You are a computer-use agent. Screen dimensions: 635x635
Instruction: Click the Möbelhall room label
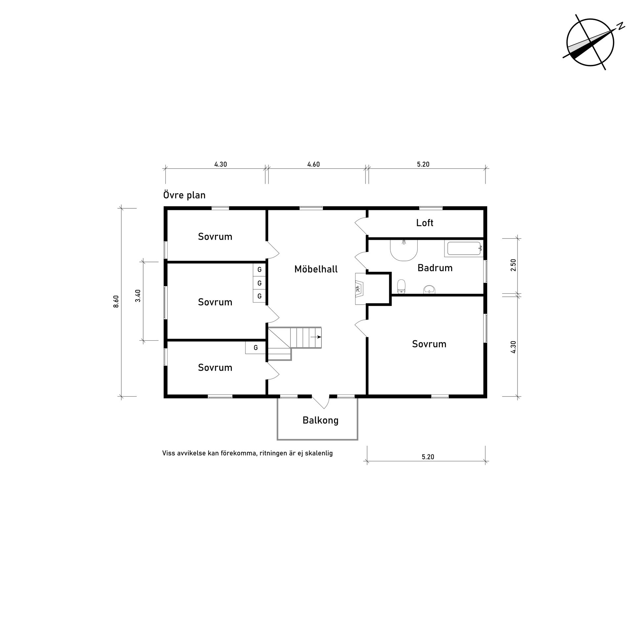click(316, 269)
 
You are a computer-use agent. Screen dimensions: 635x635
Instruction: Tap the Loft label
click(425, 223)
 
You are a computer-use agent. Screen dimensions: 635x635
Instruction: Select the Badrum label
click(435, 268)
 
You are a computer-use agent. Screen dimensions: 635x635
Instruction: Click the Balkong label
click(320, 420)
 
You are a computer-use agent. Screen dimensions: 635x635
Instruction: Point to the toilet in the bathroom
click(401, 286)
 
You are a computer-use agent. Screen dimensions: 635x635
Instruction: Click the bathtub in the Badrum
click(464, 249)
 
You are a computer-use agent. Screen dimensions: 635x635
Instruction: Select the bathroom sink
click(429, 290)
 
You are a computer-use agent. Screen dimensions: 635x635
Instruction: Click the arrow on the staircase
click(316, 337)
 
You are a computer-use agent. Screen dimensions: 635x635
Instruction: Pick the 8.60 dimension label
click(116, 302)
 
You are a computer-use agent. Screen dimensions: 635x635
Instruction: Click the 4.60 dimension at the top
click(314, 164)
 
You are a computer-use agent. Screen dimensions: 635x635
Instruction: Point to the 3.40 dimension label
click(138, 296)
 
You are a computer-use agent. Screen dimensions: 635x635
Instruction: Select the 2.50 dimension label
click(513, 265)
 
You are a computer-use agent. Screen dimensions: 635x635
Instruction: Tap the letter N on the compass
click(620, 26)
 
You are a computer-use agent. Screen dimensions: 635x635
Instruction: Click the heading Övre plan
click(184, 195)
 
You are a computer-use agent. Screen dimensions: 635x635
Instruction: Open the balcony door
click(321, 402)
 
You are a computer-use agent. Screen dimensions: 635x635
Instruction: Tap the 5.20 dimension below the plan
click(428, 457)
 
